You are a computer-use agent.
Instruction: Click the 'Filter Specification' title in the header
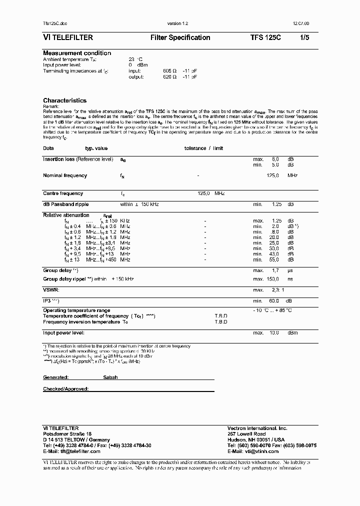180,37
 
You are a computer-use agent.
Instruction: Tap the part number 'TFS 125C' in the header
265,37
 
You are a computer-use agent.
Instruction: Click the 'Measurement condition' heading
77,53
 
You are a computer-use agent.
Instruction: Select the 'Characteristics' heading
64,100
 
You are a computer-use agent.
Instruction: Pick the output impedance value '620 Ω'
170,77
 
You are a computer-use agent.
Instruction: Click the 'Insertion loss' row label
78,159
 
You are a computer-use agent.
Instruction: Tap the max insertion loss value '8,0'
275,159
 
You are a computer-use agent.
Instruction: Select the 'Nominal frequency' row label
65,175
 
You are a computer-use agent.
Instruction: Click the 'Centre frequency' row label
63,193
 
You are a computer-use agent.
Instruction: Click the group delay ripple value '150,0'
272,278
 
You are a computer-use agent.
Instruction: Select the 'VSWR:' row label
51,289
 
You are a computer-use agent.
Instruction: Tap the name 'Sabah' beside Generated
110,377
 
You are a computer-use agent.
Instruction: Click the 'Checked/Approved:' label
66,388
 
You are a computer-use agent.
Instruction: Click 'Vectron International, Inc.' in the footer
257,428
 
